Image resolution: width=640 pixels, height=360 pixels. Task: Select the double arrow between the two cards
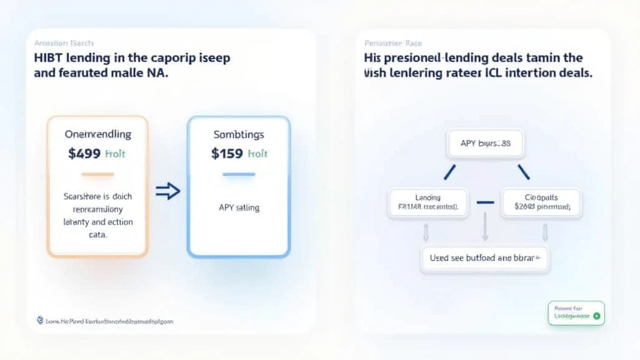point(167,191)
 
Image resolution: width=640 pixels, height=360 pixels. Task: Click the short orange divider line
point(97,174)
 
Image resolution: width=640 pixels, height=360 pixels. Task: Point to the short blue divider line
point(238,174)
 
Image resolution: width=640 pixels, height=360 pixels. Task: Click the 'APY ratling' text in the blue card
point(238,207)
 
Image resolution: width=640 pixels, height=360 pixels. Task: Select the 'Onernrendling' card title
point(97,134)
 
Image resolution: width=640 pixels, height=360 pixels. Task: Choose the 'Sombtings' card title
point(238,134)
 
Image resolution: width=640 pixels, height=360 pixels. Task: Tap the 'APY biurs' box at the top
point(485,143)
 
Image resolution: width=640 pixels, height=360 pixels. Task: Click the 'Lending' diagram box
point(428,202)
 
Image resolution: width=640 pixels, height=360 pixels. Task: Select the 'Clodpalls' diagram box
point(541,202)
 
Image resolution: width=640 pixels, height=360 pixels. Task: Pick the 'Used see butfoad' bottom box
point(485,257)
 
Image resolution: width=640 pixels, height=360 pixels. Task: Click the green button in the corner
point(576,312)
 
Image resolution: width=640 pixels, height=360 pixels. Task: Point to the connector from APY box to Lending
point(449,171)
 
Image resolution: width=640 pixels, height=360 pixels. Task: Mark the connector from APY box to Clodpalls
point(524,171)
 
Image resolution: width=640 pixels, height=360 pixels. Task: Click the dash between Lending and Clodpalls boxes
point(485,202)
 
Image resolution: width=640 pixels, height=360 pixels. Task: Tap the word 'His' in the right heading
point(373,58)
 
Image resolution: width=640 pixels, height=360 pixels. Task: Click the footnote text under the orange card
point(104,321)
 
